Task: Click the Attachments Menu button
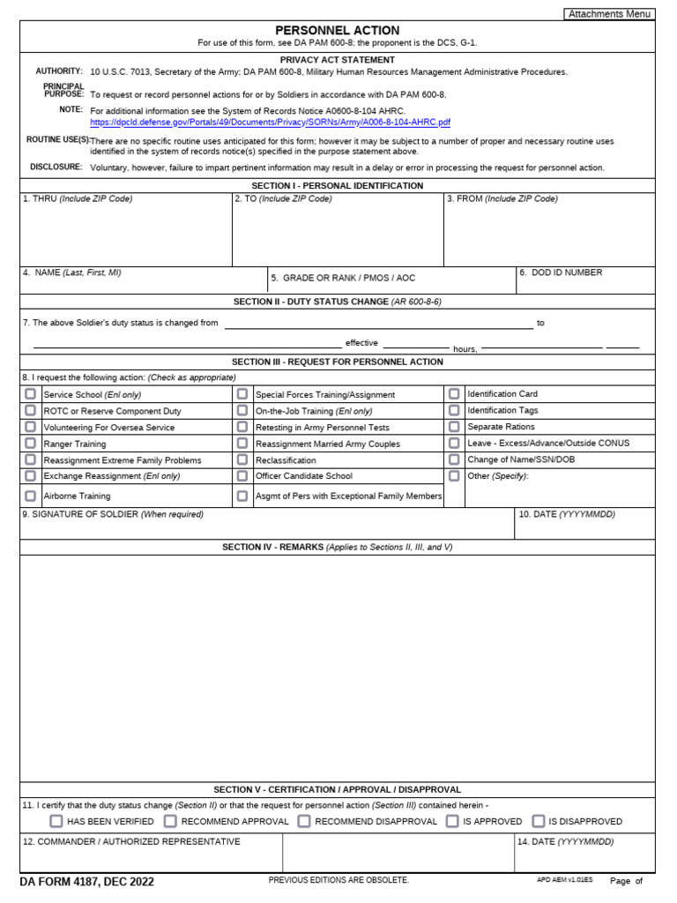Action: [609, 14]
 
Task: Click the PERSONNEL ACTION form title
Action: [337, 30]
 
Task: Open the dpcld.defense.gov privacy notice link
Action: [270, 123]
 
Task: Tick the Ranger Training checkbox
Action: [31, 444]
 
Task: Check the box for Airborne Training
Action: [31, 496]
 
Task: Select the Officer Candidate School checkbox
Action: [242, 476]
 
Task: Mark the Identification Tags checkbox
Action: [454, 410]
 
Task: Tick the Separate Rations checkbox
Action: [454, 427]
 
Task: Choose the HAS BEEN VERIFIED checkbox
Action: [56, 821]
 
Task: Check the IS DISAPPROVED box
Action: [539, 821]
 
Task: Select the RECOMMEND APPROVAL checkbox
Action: [170, 821]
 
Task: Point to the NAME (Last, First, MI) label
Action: [72, 273]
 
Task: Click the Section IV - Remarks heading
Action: [337, 548]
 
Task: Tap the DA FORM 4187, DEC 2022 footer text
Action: [86, 882]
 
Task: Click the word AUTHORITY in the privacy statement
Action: [59, 71]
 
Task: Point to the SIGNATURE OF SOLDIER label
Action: [113, 514]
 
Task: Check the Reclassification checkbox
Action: [242, 459]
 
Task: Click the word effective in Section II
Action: [361, 343]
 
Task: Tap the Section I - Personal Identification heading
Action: [337, 186]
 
